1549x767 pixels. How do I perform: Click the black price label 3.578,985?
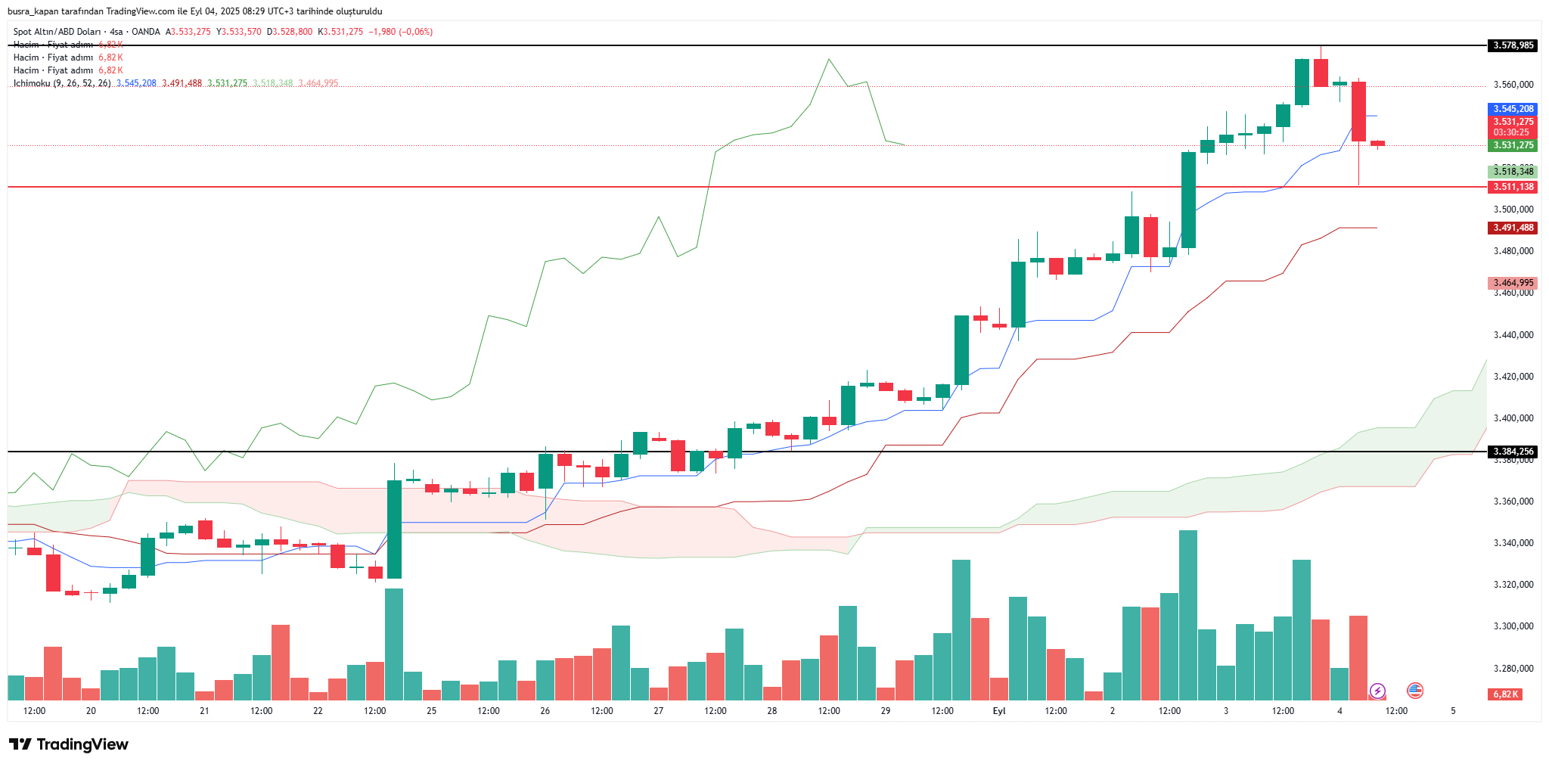pos(1513,45)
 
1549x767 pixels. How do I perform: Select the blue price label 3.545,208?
pos(1513,109)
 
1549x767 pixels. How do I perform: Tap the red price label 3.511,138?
pos(1513,187)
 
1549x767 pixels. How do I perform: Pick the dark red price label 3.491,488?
pos(1513,228)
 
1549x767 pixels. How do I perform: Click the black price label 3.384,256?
pos(1513,452)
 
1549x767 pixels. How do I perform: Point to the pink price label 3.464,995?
pos(1513,283)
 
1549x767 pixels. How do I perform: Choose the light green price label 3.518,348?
pos(1513,172)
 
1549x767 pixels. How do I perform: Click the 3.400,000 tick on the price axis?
pos(1513,418)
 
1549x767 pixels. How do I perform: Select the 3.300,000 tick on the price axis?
pos(1513,626)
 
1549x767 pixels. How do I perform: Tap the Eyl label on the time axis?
pos(999,711)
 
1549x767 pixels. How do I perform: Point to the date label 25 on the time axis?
pos(431,711)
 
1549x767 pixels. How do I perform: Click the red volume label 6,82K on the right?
pos(1505,694)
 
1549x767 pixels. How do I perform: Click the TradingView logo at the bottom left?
pos(69,744)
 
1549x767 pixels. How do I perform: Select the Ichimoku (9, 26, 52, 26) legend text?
pos(62,83)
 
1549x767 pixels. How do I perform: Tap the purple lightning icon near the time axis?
pos(1377,691)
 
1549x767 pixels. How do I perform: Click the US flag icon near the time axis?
pos(1415,690)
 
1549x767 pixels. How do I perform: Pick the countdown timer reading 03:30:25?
pos(1511,132)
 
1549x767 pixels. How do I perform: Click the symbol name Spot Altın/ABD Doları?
pos(57,32)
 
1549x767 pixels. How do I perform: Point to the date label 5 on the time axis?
pos(1453,711)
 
